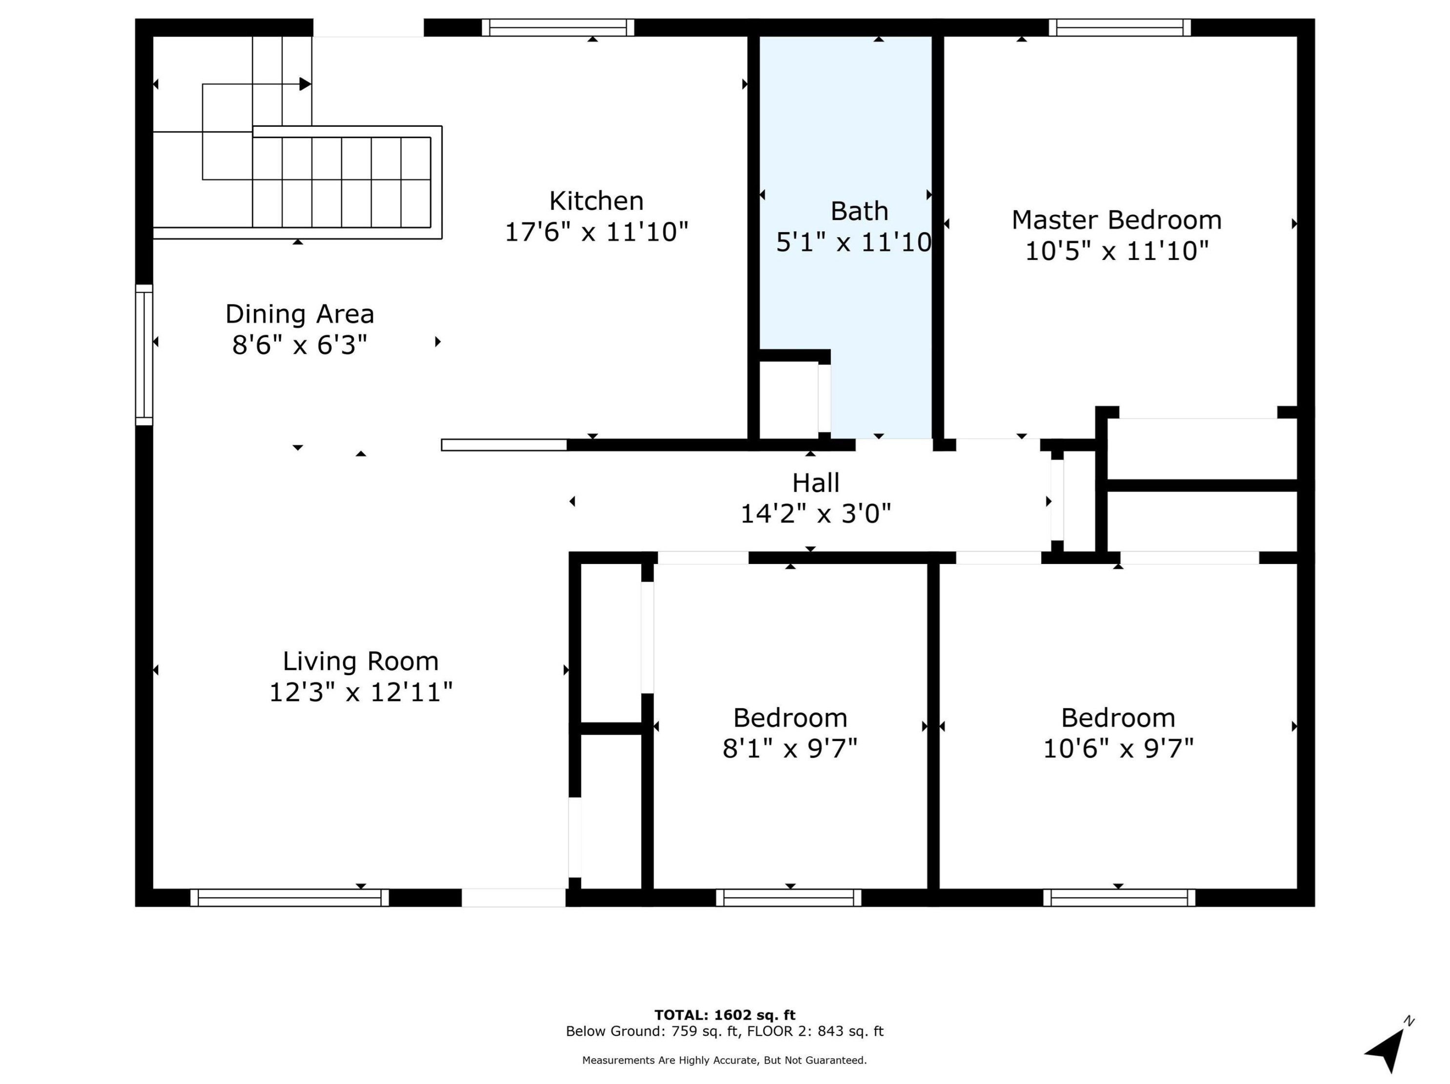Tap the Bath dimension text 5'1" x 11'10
853,242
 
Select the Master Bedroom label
1116,220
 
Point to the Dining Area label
300,314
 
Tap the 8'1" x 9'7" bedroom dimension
790,748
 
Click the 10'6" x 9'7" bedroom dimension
1118,748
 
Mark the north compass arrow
1389,1046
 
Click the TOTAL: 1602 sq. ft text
725,1015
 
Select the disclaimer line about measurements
725,1060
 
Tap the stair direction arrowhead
305,84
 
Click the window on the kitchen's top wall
558,27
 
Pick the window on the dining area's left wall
144,355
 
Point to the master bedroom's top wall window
1120,27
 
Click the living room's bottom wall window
289,897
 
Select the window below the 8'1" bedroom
788,897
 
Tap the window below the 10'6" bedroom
1119,897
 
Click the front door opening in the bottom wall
513,897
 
